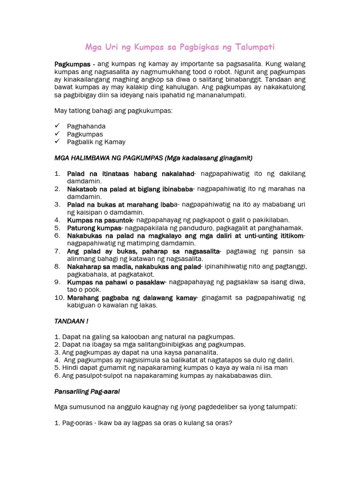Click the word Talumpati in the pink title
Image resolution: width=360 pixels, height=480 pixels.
[x=255, y=47]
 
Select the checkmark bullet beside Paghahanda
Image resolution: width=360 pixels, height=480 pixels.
[x=57, y=126]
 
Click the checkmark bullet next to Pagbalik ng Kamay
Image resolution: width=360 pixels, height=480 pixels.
[x=57, y=142]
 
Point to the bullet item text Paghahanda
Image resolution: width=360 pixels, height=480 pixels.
[x=86, y=127]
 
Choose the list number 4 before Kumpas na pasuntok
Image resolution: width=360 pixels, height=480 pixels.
[x=57, y=220]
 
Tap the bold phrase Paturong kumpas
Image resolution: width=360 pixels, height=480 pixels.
[x=94, y=228]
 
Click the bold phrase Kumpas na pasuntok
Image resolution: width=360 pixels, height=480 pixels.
[x=100, y=220]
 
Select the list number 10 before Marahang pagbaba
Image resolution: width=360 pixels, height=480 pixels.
[x=59, y=298]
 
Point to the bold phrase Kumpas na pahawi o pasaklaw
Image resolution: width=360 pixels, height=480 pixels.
[x=116, y=282]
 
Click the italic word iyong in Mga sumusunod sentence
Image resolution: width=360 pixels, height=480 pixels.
[x=188, y=407]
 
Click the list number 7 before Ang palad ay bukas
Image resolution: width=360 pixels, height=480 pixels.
[x=57, y=251]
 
